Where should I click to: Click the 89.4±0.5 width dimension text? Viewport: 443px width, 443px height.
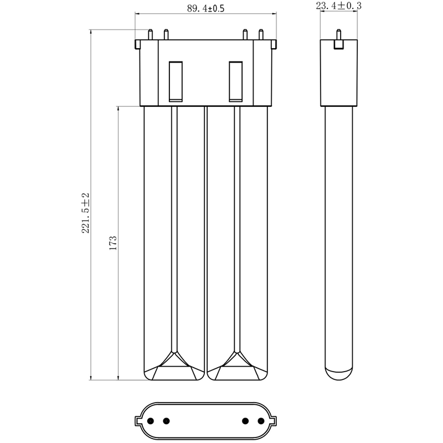tap(205, 9)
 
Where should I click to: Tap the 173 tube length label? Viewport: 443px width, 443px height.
tap(112, 244)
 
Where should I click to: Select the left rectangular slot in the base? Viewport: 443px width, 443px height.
tap(175, 81)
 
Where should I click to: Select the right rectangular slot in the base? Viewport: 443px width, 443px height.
tap(236, 81)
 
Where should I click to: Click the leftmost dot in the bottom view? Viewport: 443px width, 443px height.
tap(150, 420)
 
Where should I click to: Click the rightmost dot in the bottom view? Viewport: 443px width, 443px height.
tap(261, 420)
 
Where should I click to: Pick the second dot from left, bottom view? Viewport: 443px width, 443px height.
tap(166, 420)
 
